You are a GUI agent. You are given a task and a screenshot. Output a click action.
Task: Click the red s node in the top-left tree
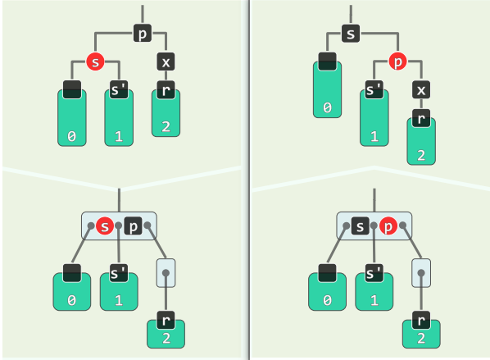tap(96, 62)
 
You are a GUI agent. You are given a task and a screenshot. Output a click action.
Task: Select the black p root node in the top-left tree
tap(143, 34)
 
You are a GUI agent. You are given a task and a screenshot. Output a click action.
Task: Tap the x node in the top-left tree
tap(166, 62)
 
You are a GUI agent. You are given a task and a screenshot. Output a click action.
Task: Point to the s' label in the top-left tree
tap(119, 89)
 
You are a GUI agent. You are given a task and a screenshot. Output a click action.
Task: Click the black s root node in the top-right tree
tap(352, 34)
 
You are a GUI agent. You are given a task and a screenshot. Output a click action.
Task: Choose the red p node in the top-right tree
tap(397, 62)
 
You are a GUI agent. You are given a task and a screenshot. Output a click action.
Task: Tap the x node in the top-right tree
tap(422, 89)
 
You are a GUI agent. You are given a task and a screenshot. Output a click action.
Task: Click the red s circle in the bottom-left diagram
tap(104, 226)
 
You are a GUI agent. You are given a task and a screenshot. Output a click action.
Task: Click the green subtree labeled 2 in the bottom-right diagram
tap(422, 333)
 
